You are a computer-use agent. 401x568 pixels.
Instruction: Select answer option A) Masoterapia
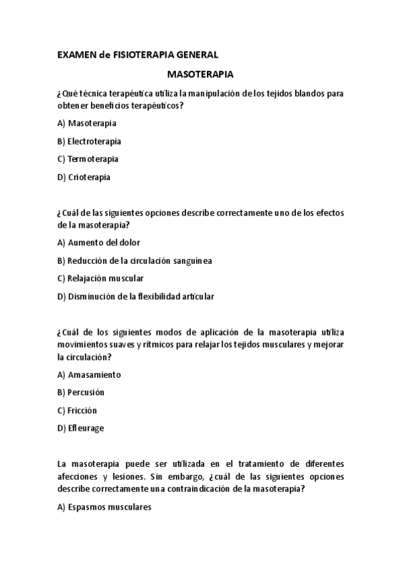pyautogui.click(x=87, y=123)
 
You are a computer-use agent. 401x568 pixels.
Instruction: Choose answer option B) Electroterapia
pyautogui.click(x=89, y=141)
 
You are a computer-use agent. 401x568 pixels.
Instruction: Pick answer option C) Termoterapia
pyautogui.click(x=88, y=159)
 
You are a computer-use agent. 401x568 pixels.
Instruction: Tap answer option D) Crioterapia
pyautogui.click(x=84, y=177)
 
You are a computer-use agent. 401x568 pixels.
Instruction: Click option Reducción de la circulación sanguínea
pyautogui.click(x=139, y=261)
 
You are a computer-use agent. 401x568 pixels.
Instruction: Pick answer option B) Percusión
pyautogui.click(x=81, y=393)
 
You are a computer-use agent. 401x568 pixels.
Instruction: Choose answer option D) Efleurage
pyautogui.click(x=81, y=428)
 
